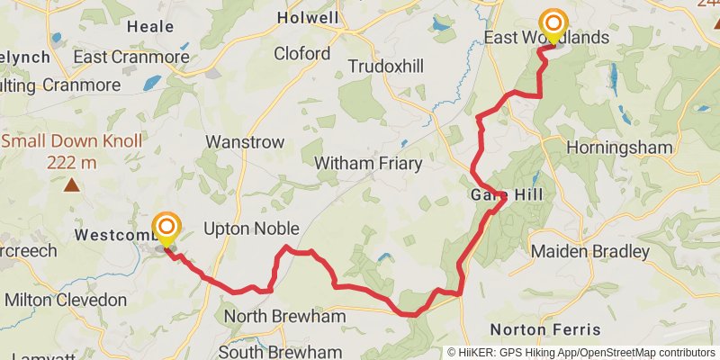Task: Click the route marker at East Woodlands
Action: (x=553, y=24)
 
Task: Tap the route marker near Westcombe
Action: (x=166, y=228)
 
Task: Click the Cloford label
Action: (x=301, y=54)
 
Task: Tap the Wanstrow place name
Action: (x=245, y=142)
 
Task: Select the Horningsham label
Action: (x=620, y=146)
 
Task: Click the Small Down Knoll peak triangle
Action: (x=71, y=186)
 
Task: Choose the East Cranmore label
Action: (x=131, y=57)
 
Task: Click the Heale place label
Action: (x=150, y=28)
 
